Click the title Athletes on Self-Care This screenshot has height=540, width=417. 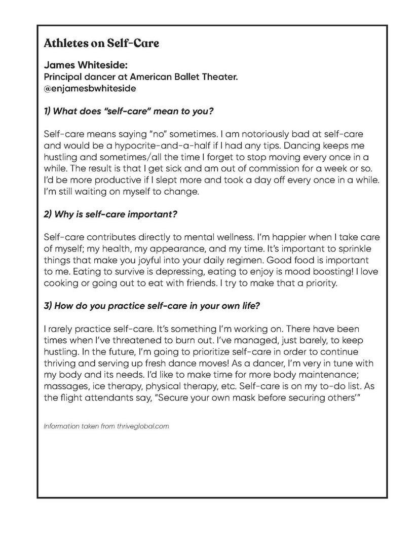point(102,43)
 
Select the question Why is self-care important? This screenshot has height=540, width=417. point(110,214)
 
